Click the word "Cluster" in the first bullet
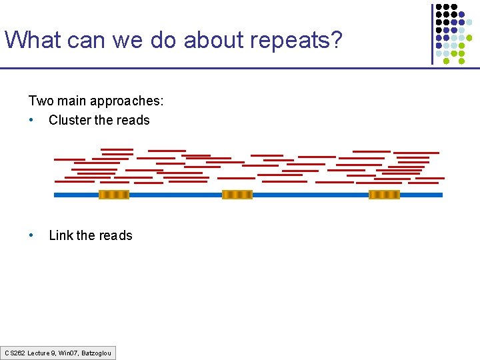[x=70, y=120]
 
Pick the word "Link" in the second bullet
[x=61, y=235]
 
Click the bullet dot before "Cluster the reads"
[x=31, y=121]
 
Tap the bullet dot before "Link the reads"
[x=31, y=235]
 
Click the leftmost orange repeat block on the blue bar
[x=114, y=195]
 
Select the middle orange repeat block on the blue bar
[x=237, y=195]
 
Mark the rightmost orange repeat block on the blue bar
[x=384, y=195]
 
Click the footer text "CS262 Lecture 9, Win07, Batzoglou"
[x=58, y=353]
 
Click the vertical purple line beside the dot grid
[x=433, y=33]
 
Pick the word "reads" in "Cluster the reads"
[x=133, y=120]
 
